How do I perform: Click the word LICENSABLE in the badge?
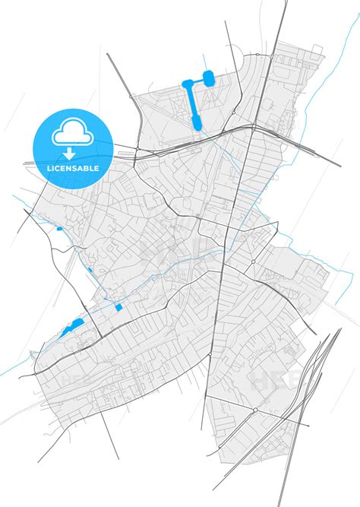pos(74,168)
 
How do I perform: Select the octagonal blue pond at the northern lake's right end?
pos(209,76)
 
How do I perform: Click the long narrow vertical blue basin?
pos(191,103)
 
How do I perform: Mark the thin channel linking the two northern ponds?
pos(197,80)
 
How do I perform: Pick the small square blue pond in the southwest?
pos(118,307)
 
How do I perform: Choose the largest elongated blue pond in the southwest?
pos(73,328)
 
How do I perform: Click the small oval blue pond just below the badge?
pos(59,228)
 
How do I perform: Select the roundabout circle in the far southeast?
pos(256,410)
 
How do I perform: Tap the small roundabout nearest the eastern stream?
pos(253,262)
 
